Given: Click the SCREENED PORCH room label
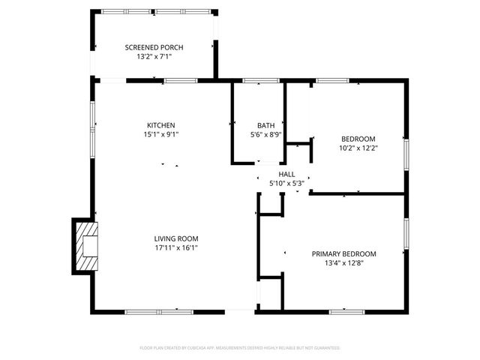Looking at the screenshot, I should (x=154, y=47).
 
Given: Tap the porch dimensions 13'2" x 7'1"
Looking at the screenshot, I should (x=154, y=56).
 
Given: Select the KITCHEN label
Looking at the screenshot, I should (x=160, y=125).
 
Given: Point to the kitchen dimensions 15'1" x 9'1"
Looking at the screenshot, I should (x=160, y=134).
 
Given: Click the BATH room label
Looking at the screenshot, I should (x=265, y=126).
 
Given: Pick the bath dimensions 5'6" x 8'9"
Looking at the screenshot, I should (x=265, y=135).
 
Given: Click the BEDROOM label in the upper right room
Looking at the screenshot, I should (x=358, y=139).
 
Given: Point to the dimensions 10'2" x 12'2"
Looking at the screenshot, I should (x=358, y=148).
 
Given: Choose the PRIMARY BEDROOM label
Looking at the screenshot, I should (x=343, y=254).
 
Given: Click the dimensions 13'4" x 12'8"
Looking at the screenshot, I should (x=343, y=263).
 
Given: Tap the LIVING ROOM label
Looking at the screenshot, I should (x=176, y=238).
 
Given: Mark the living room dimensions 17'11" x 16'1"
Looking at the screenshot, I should (x=176, y=247).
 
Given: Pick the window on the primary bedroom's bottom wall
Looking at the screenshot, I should (x=346, y=310).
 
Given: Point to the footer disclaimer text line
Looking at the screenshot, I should (x=240, y=348).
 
